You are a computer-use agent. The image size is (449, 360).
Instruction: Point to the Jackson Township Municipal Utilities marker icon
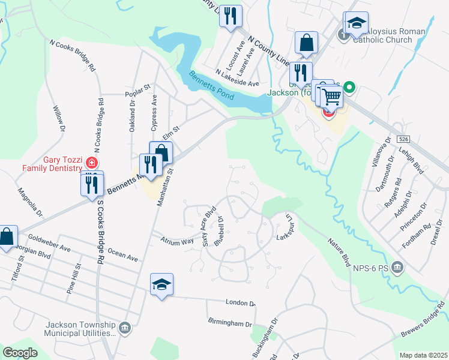125,328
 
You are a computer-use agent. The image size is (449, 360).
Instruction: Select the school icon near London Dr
161,284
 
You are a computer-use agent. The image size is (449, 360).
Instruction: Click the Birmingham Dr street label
231,323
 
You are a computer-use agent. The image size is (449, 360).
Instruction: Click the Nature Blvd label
339,252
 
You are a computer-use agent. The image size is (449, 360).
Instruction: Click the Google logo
20,353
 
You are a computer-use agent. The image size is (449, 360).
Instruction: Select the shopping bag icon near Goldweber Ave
7,236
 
